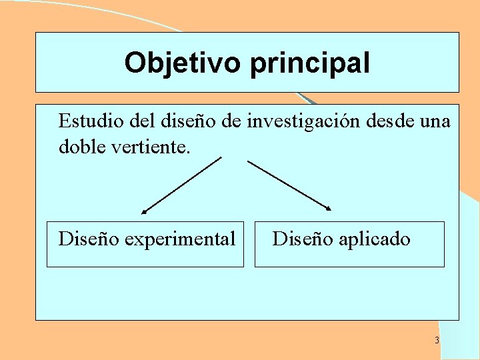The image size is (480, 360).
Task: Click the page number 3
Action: coord(437,341)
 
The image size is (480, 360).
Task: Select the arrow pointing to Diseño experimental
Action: coord(181,185)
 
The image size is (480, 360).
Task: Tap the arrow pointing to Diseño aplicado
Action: coord(289,185)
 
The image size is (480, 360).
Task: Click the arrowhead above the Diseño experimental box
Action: coord(143,212)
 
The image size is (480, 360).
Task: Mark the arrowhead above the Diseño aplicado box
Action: coord(328,209)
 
